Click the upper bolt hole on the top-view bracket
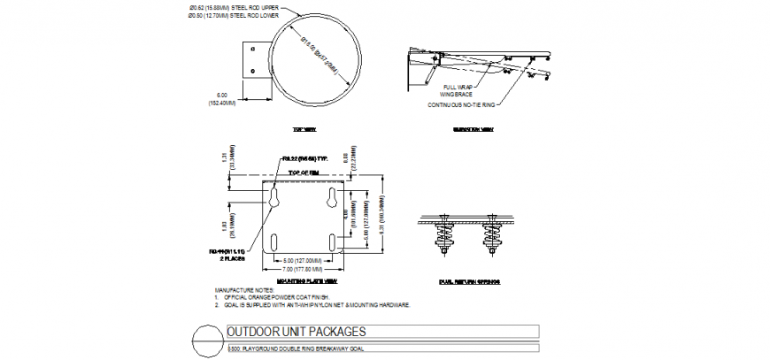(x=253, y=49)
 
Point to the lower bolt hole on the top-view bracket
(x=253, y=72)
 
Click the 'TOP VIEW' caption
(x=304, y=129)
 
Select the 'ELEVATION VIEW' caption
(x=474, y=129)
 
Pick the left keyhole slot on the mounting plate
(x=273, y=199)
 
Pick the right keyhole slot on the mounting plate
(x=333, y=199)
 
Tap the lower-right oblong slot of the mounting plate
(x=333, y=241)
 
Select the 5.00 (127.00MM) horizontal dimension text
(x=303, y=260)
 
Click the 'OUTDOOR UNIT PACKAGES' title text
(x=296, y=333)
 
